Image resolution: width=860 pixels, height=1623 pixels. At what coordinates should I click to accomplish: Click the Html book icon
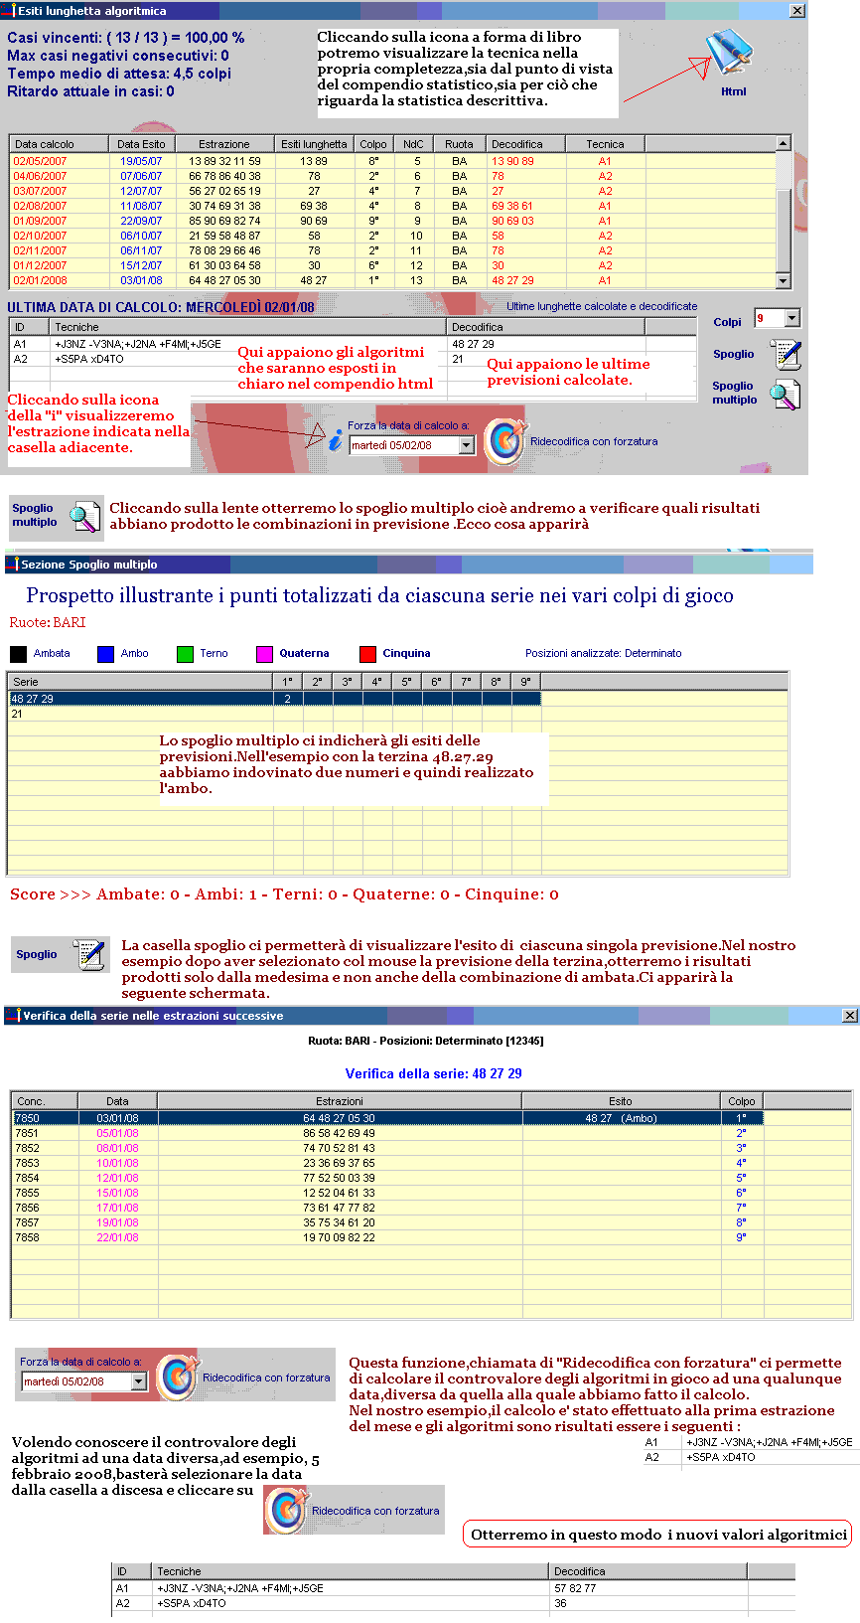pos(730,55)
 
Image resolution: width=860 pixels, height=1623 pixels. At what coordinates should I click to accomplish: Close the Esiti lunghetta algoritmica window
pos(797,10)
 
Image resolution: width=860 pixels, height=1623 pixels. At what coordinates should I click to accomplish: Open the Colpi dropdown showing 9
pos(791,318)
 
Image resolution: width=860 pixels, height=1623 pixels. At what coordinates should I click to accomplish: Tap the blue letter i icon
pos(336,439)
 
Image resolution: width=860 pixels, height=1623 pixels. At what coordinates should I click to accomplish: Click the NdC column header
pos(413,144)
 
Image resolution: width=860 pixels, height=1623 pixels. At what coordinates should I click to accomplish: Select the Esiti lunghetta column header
pos(314,144)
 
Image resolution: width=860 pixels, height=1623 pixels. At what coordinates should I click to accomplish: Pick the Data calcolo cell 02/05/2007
pos(40,161)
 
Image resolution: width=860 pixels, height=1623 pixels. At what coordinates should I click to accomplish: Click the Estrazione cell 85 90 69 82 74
pos(224,221)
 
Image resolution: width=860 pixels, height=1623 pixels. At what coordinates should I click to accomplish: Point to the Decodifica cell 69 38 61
pos(512,206)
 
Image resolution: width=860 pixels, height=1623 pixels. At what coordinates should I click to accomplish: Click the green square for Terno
pos(185,654)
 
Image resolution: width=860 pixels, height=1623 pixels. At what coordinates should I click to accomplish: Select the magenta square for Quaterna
pos(264,654)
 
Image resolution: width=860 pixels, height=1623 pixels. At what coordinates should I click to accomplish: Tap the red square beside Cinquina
pos(367,654)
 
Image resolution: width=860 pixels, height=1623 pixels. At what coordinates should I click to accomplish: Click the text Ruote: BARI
pos(48,623)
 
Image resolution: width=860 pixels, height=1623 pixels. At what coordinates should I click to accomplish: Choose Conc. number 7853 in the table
pos(27,1163)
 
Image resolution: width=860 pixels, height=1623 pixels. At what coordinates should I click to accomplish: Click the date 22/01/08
pos(117,1237)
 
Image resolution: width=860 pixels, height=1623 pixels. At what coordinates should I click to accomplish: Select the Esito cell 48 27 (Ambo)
pos(621,1118)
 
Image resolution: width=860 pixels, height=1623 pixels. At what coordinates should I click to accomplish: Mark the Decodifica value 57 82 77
pos(575,1588)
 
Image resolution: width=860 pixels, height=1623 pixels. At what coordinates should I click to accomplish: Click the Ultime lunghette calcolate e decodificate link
pos(602,307)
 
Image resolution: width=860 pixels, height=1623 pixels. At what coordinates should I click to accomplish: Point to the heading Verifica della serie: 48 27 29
pos(433,1073)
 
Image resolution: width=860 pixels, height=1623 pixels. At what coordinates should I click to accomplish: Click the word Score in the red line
pos(33,894)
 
